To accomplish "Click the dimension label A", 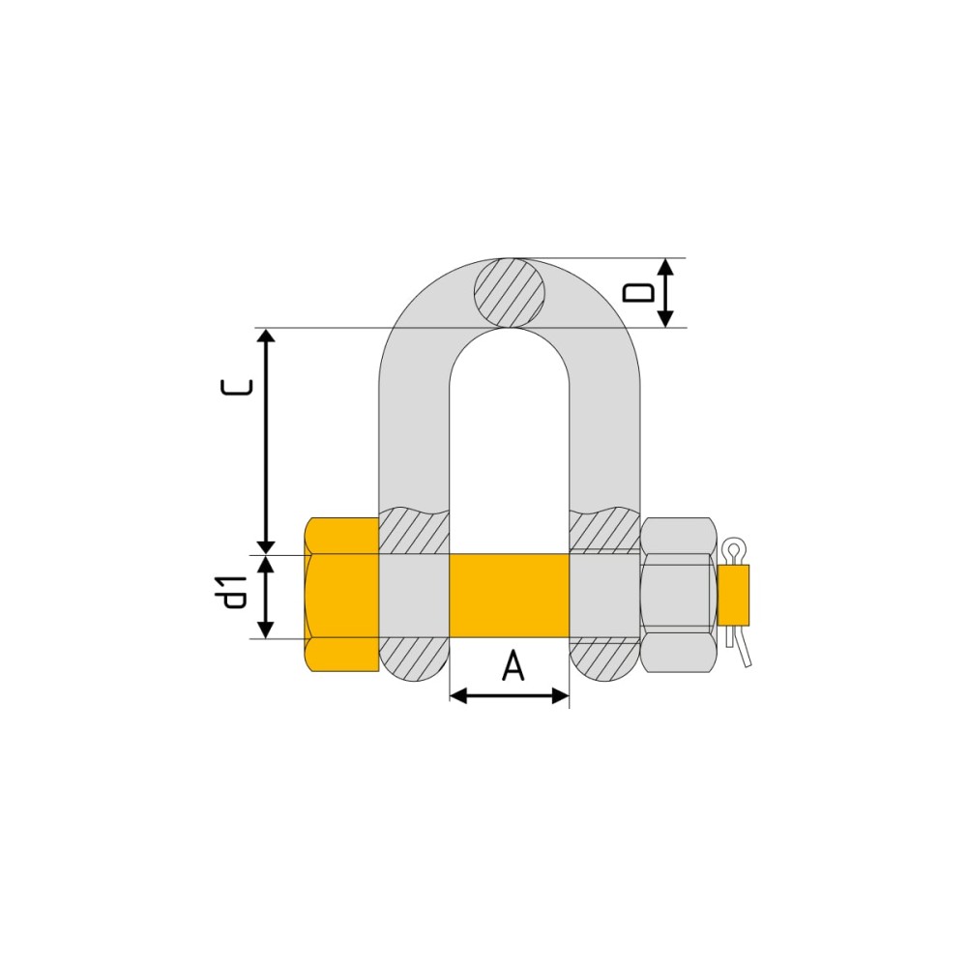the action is coord(513,665).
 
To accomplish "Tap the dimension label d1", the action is coord(235,592).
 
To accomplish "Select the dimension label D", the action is coord(638,293).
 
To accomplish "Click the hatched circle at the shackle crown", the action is coord(510,293).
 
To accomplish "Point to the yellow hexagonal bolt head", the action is coord(341,595).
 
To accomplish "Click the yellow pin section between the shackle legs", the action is coord(509,595).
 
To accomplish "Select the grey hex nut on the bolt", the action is coord(679,595).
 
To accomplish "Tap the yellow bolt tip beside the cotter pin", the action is coord(733,595).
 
